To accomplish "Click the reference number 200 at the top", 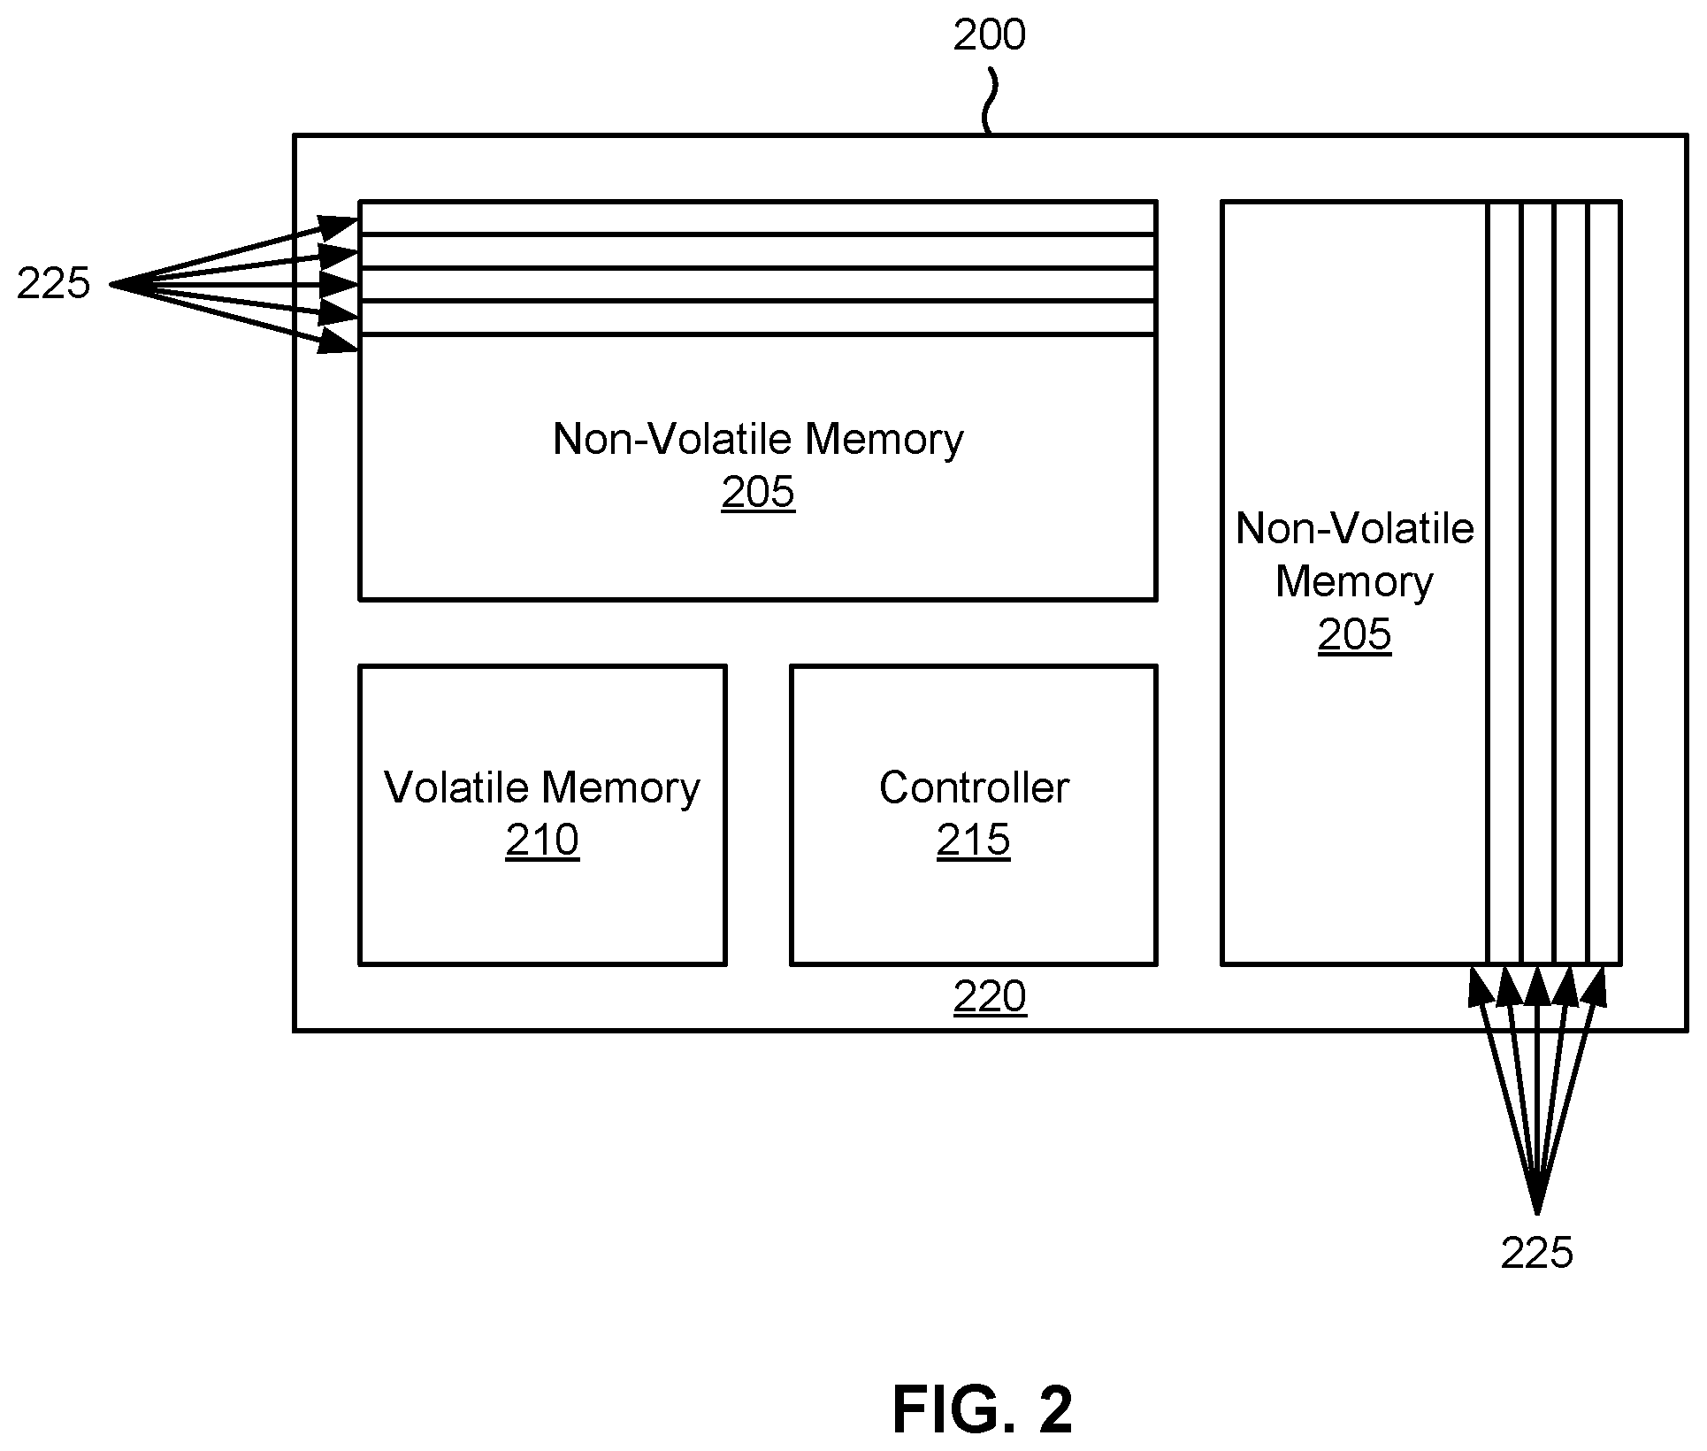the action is click(x=989, y=35).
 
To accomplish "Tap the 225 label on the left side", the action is click(x=54, y=284).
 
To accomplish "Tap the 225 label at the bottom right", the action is click(x=1537, y=1253).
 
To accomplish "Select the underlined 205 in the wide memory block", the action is click(x=758, y=493).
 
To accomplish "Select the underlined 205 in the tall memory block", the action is click(x=1354, y=634).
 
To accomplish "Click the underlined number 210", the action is click(x=542, y=840).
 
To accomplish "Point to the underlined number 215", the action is click(x=973, y=840).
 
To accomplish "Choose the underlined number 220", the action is click(x=990, y=996).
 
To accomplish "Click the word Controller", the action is click(x=974, y=787).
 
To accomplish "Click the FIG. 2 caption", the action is click(x=982, y=1409).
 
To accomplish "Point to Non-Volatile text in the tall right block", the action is click(x=1355, y=529).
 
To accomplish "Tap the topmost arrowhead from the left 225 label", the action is click(x=340, y=226).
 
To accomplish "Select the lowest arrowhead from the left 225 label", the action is click(x=338, y=342).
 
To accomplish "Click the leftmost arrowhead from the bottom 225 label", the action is click(x=1479, y=987).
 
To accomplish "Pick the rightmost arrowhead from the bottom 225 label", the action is click(x=1594, y=987).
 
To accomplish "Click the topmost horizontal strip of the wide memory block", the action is click(x=758, y=219).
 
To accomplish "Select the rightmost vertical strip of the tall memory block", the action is click(x=1604, y=582).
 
